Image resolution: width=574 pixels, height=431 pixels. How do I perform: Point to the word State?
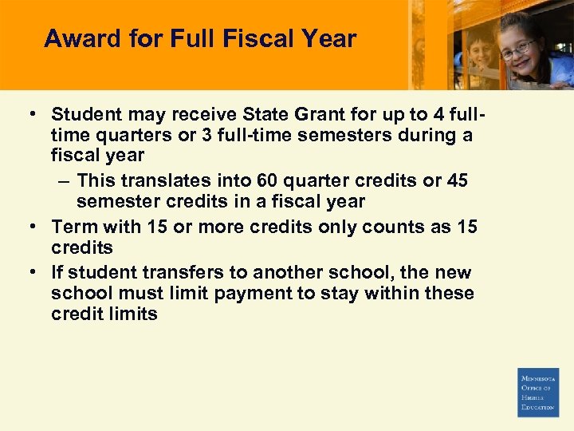[x=278, y=114]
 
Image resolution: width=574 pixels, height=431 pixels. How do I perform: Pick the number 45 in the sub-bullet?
[x=458, y=180]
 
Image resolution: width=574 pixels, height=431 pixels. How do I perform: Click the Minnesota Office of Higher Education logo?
[x=538, y=392]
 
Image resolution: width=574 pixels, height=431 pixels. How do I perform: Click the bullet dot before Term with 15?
[x=33, y=227]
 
